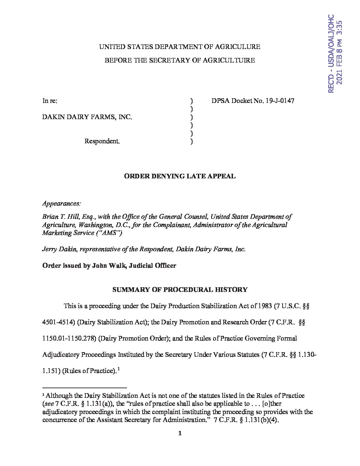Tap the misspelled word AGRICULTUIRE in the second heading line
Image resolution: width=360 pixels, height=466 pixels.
229,60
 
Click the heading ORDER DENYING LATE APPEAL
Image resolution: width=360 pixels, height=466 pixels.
180,176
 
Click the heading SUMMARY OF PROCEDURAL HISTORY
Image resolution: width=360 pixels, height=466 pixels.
180,290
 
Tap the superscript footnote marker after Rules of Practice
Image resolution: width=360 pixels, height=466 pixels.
118,369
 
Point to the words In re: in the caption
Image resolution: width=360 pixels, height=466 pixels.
50,101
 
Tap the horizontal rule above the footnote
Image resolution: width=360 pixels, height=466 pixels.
85,387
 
